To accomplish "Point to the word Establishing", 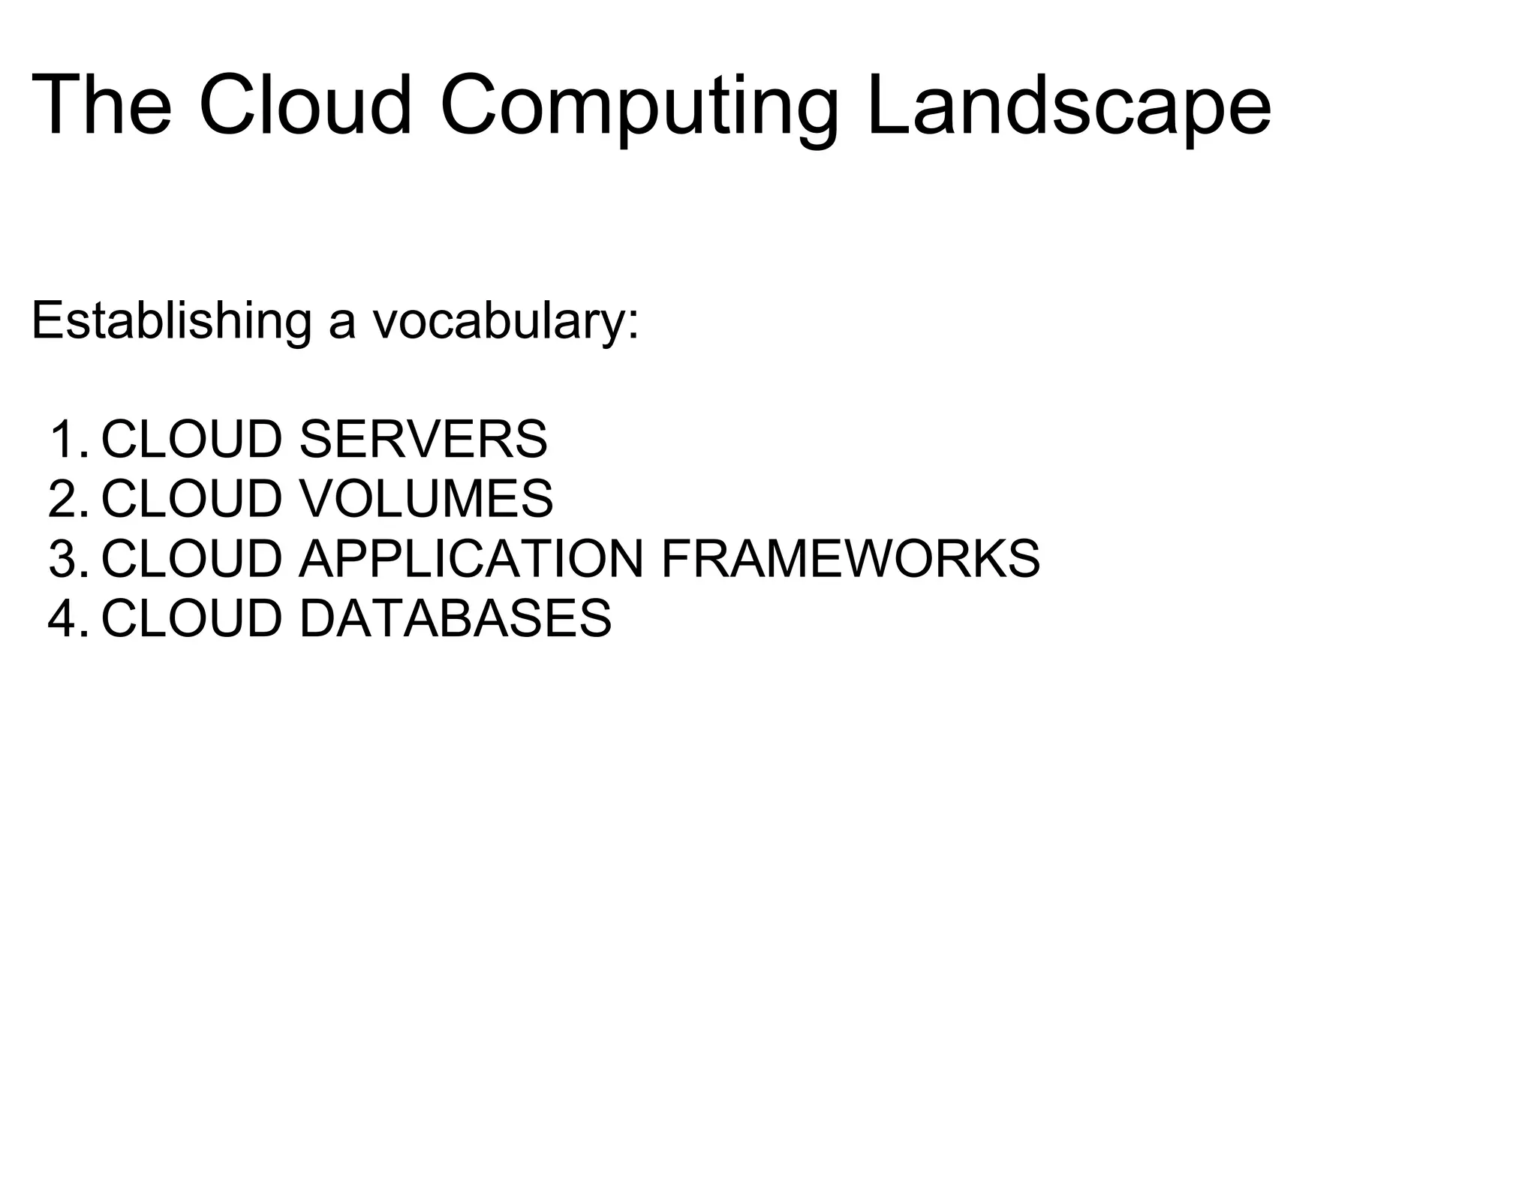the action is pyautogui.click(x=171, y=320).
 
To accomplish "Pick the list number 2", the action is pyautogui.click(x=66, y=499).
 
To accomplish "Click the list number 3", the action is pyautogui.click(x=66, y=559).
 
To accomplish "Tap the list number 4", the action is pyautogui.click(x=66, y=619).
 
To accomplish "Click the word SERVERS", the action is pyautogui.click(x=423, y=439).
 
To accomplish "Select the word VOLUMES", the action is pyautogui.click(x=426, y=499).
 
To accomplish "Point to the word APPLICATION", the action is pyautogui.click(x=471, y=559).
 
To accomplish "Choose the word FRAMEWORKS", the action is pyautogui.click(x=850, y=559).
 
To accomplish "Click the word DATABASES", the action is pyautogui.click(x=455, y=619).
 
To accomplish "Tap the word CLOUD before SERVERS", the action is pyautogui.click(x=192, y=439).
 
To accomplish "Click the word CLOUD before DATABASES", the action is pyautogui.click(x=192, y=619).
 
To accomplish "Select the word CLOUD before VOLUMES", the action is pyautogui.click(x=192, y=499).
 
